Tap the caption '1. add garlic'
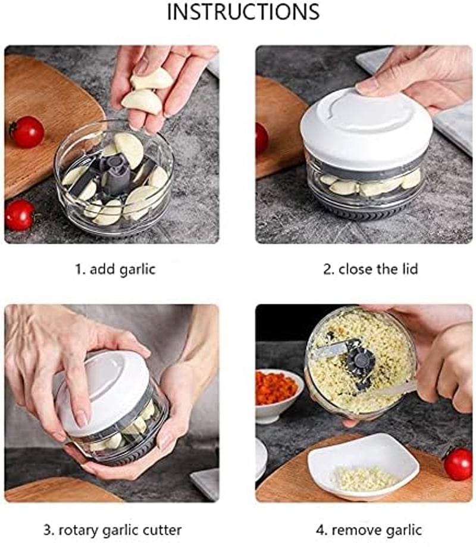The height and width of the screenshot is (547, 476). [x=115, y=269]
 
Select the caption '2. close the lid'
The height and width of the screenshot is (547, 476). [x=370, y=269]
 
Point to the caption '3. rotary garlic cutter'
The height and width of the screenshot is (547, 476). [x=112, y=530]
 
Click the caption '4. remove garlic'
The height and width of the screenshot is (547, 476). [x=368, y=530]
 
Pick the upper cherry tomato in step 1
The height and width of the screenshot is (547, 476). [x=27, y=132]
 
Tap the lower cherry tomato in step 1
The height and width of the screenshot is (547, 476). [x=20, y=215]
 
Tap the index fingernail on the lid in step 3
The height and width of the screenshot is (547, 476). [x=82, y=418]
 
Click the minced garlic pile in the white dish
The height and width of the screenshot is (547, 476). [x=365, y=478]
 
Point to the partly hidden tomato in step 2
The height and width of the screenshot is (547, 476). [x=262, y=139]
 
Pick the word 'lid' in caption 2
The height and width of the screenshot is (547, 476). [x=409, y=269]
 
